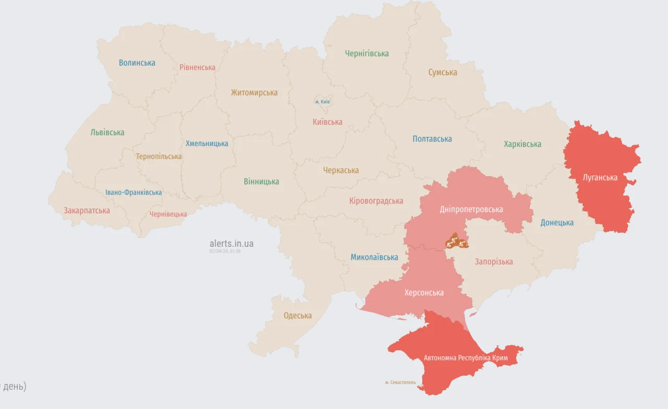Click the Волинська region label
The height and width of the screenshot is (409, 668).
click(x=137, y=63)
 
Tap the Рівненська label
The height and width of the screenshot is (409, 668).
click(x=197, y=67)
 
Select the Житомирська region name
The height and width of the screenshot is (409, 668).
click(x=254, y=92)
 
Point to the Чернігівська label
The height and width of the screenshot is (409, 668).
click(x=366, y=53)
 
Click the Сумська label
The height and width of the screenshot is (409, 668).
click(x=443, y=72)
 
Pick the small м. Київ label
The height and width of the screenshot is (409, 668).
click(x=323, y=102)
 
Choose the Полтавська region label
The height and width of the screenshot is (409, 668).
click(x=432, y=139)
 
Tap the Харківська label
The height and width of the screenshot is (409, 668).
click(x=522, y=144)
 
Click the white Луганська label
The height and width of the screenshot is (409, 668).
click(x=600, y=177)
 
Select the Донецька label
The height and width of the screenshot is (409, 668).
click(x=557, y=223)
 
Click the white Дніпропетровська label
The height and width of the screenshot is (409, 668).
click(x=471, y=209)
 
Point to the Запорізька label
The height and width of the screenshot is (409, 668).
click(x=494, y=261)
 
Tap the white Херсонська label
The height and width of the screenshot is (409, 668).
click(x=424, y=293)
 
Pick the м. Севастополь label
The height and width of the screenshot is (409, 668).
click(x=401, y=382)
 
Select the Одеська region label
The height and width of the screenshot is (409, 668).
click(x=297, y=316)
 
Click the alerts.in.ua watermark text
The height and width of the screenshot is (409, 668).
click(x=231, y=244)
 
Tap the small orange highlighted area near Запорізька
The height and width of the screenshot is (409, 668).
click(x=456, y=242)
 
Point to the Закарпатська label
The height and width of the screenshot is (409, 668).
click(x=87, y=211)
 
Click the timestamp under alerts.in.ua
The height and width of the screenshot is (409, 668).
click(x=225, y=251)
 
